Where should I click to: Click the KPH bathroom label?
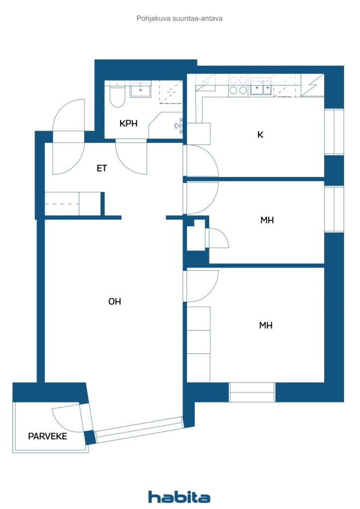click(128, 124)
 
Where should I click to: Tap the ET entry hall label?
click(101, 169)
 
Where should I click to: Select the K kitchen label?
click(260, 134)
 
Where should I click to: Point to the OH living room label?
click(114, 301)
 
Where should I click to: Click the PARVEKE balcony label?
click(47, 436)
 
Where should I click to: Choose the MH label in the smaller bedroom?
click(267, 220)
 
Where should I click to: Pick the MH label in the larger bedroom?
click(266, 326)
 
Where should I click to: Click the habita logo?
click(179, 497)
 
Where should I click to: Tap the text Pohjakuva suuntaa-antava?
click(179, 18)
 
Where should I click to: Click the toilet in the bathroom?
click(117, 96)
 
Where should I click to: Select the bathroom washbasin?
click(141, 90)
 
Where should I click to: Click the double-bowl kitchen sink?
click(261, 87)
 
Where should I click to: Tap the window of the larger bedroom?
click(252, 392)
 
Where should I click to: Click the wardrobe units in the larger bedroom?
click(198, 330)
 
